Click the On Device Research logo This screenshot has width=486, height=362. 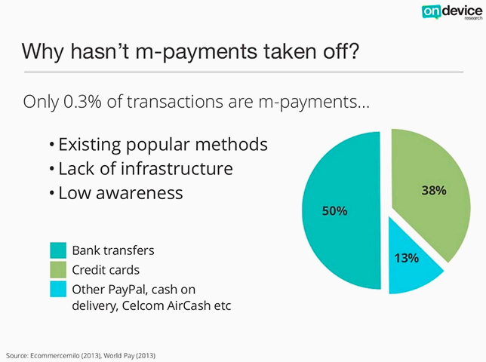tap(452, 12)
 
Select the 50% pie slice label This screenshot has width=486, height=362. tap(334, 211)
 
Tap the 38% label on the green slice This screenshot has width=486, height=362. tap(434, 190)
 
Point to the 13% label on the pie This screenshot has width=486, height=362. tap(406, 258)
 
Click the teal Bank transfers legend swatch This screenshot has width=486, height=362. tap(58, 250)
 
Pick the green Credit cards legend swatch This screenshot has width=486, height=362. tap(58, 270)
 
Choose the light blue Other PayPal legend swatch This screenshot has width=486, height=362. tap(58, 289)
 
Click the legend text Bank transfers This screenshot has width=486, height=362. tap(113, 250)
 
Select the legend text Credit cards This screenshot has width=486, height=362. tap(106, 270)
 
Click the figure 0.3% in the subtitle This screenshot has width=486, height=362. tap(82, 102)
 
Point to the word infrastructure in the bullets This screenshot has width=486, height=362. tap(177, 168)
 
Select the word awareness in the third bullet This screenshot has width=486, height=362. tap(139, 193)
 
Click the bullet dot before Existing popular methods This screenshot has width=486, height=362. tap(52, 145)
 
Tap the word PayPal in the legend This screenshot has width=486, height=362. tap(123, 290)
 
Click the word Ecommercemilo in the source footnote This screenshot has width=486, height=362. tap(55, 355)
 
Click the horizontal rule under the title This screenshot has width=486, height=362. tap(244, 72)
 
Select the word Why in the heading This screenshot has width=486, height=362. tap(42, 52)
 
